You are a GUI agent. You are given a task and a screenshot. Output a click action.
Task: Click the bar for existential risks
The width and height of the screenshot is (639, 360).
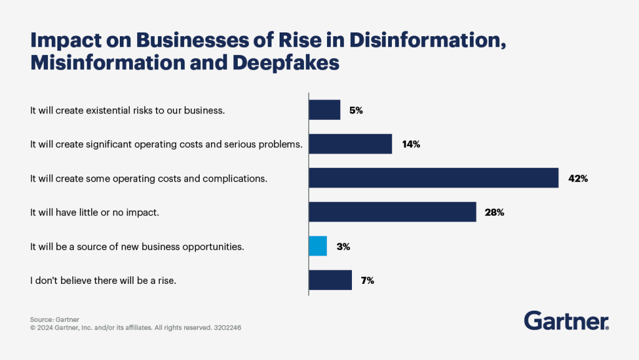(324, 110)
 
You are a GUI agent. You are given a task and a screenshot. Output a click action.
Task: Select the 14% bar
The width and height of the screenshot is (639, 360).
(351, 144)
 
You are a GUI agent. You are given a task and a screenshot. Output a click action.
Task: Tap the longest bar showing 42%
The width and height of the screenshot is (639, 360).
(434, 178)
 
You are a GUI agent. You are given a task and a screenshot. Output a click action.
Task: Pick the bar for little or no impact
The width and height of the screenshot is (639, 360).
(393, 212)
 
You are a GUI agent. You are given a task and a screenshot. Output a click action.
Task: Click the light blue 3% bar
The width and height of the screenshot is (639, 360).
(318, 246)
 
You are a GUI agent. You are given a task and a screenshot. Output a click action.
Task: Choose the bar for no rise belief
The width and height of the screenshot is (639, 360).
(331, 280)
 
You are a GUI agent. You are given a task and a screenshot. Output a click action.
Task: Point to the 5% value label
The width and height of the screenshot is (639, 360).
(356, 110)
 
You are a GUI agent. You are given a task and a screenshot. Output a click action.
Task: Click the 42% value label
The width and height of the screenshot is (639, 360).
(578, 178)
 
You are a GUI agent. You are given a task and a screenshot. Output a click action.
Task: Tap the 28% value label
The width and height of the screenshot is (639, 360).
(494, 212)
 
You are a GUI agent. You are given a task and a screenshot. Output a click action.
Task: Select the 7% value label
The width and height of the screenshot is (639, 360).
(368, 280)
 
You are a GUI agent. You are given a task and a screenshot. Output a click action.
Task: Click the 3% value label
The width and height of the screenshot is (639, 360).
(343, 246)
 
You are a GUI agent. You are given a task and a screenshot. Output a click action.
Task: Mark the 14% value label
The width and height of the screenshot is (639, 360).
(411, 145)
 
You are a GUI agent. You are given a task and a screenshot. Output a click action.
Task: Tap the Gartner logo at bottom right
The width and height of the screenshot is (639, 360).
(566, 321)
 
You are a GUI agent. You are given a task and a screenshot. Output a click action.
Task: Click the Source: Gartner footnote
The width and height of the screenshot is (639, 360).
(54, 318)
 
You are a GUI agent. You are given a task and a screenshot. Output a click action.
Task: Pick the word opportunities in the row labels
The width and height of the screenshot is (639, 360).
(215, 246)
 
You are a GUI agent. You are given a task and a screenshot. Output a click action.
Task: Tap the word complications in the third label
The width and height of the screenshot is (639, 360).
(239, 178)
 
